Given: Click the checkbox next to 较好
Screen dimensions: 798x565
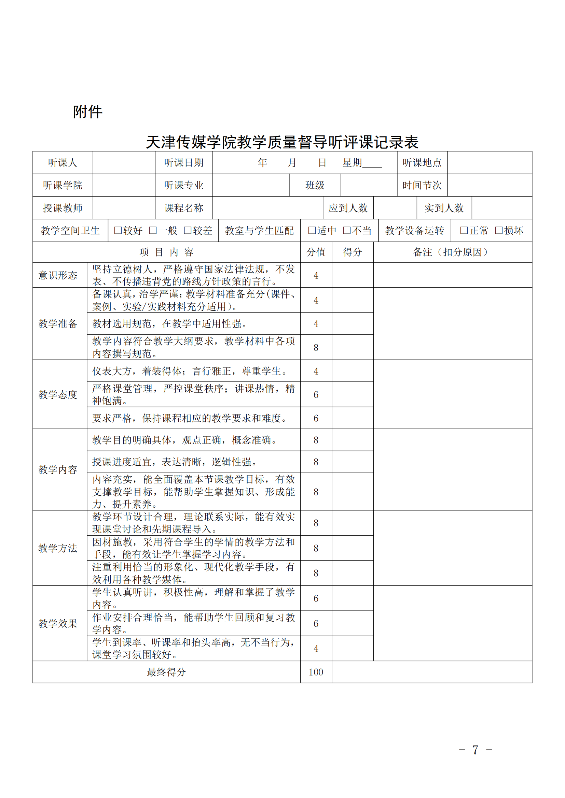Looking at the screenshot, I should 118,230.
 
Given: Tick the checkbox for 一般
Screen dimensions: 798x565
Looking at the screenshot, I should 152,230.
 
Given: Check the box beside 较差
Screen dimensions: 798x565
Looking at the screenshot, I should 187,230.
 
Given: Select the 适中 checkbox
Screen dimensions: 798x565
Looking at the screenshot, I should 312,230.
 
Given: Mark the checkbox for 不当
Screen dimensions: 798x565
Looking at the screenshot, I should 346,230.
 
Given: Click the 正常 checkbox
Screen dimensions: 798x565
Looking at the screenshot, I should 464,230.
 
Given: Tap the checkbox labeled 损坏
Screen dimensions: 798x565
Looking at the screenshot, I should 498,230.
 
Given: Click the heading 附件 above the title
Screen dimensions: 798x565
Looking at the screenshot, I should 88,112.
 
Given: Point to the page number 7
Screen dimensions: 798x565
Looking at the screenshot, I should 475,750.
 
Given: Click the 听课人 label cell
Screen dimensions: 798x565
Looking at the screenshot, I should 63,163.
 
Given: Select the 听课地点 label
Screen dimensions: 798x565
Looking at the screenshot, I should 422,163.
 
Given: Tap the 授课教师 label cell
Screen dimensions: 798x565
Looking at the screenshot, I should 63,208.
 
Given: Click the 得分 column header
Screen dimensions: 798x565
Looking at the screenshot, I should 353,252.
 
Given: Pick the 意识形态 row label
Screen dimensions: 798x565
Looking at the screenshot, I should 58,275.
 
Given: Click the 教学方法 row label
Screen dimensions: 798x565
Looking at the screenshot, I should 58,548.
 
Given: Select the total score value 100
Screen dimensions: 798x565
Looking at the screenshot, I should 316,672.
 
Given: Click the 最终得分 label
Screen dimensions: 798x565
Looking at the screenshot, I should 166,672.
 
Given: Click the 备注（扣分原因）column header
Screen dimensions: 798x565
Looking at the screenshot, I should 452,252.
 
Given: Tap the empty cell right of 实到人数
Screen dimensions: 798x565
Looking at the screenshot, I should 502,208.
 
